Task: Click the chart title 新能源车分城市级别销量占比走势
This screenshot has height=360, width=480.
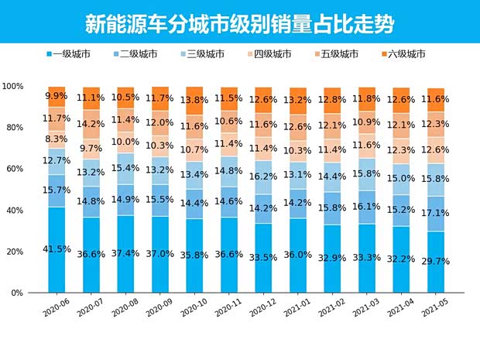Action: tap(239, 24)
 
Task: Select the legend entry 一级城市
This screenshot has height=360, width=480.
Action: tap(73, 55)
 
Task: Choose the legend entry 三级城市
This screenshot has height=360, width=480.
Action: tap(205, 55)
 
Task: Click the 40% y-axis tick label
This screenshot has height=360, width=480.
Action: tap(15, 211)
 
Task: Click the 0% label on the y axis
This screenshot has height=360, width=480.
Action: tap(17, 293)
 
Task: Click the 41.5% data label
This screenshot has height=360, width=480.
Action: tap(56, 249)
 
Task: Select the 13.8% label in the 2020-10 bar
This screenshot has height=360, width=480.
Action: tap(194, 101)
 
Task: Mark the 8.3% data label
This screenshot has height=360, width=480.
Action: tap(56, 139)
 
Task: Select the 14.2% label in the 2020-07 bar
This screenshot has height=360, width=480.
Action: tap(91, 123)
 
